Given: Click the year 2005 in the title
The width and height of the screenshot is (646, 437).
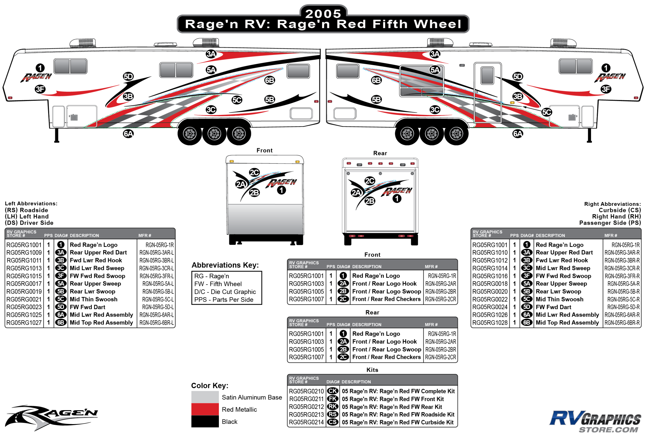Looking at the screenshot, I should pyautogui.click(x=323, y=14).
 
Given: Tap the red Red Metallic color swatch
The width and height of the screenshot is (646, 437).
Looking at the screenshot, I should pyautogui.click(x=205, y=409).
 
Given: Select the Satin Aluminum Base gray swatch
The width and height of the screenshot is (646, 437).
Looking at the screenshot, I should pyautogui.click(x=205, y=397).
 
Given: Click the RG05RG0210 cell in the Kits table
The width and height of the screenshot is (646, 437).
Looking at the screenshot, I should pyautogui.click(x=306, y=391).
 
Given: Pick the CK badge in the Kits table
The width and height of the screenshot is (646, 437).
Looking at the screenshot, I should pyautogui.click(x=333, y=391).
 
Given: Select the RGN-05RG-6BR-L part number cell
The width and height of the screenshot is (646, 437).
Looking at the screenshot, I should pyautogui.click(x=157, y=323).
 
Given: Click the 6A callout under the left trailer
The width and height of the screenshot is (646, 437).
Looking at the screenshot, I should pyautogui.click(x=128, y=134).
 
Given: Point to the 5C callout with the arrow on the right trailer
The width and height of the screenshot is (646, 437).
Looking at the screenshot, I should pyautogui.click(x=547, y=112).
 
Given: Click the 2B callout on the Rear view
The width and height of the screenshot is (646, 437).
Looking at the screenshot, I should pyautogui.click(x=370, y=201).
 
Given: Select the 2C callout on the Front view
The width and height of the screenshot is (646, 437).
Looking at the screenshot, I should pyautogui.click(x=254, y=173).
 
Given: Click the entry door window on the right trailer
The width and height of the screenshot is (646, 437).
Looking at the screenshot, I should pyautogui.click(x=487, y=75).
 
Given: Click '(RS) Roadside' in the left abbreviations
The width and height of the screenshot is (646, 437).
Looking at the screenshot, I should pyautogui.click(x=26, y=210).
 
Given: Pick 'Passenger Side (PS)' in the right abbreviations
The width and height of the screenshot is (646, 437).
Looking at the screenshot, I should pyautogui.click(x=610, y=223).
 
